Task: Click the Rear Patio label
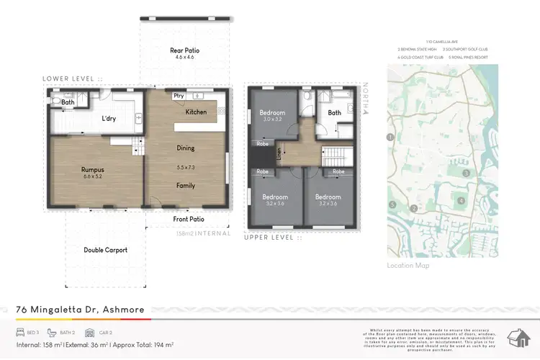[x=184, y=50]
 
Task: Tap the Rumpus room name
[x=93, y=170]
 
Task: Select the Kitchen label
[x=196, y=112]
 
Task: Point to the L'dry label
[x=109, y=119]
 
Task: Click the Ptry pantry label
[x=179, y=96]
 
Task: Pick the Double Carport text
[x=106, y=250]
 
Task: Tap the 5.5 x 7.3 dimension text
[x=186, y=167]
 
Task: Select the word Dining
[x=186, y=148]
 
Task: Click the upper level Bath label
[x=334, y=113]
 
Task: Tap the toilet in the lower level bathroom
[x=55, y=102]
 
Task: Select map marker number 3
[x=467, y=174]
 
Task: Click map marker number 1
[x=390, y=137]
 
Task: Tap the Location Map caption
[x=408, y=266]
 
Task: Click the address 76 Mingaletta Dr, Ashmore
[x=80, y=310]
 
